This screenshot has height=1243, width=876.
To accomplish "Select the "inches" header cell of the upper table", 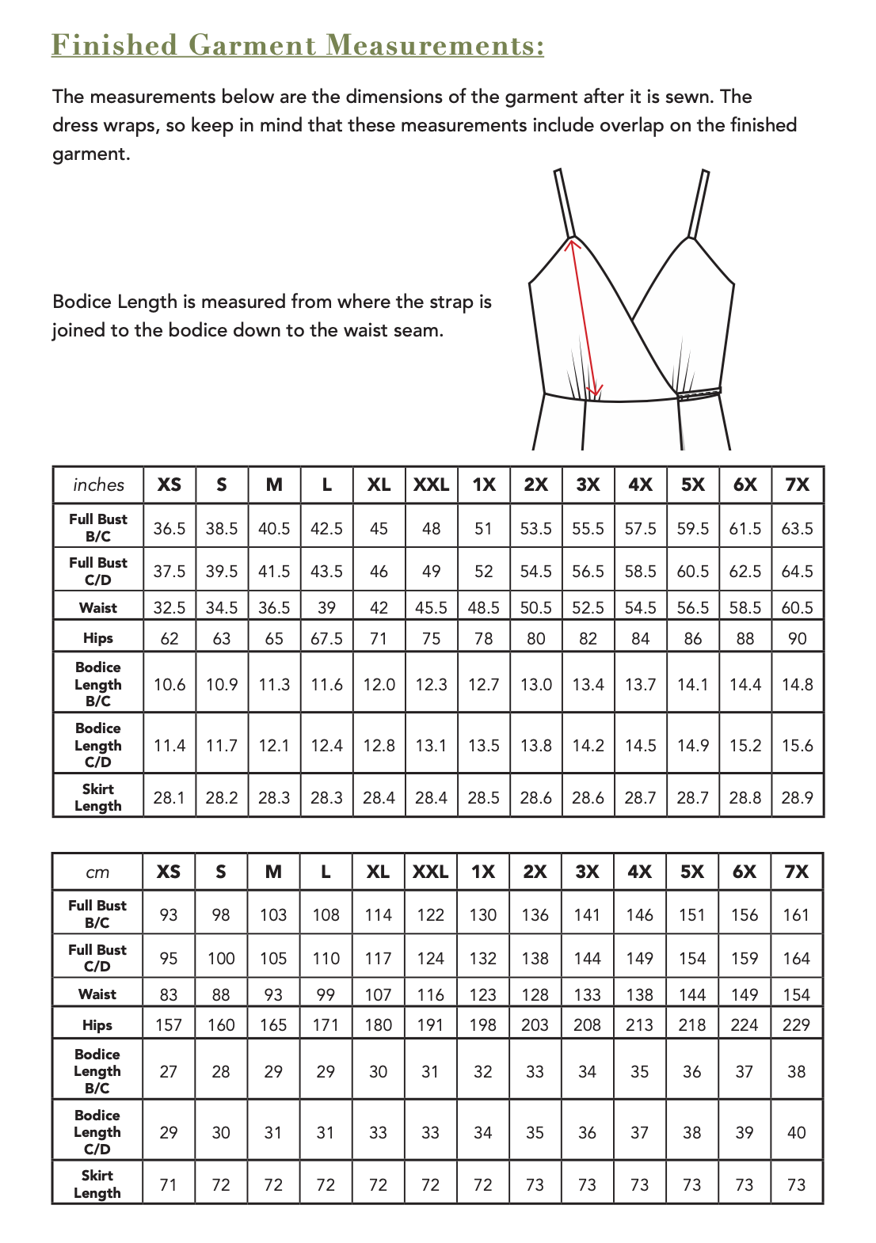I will point(98,485).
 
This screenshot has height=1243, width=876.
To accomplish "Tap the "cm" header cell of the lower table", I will point(97,872).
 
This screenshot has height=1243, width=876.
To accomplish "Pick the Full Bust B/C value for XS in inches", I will point(169,528).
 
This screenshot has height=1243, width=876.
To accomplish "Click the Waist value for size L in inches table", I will point(326,607).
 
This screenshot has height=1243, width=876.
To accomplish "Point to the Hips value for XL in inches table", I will point(379,638).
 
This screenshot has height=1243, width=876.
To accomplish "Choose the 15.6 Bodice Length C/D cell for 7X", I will point(797,745).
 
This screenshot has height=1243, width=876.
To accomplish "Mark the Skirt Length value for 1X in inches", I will point(483,797).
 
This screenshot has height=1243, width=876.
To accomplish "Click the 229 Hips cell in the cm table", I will point(796,1024).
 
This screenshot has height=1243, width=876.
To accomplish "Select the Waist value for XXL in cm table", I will point(430,994).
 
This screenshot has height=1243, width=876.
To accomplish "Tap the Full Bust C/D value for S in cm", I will point(221,958).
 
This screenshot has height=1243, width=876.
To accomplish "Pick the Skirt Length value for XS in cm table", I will point(169,1184).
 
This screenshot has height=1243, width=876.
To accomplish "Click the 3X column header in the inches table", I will point(588,485).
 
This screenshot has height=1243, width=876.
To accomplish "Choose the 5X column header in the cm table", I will point(691,872).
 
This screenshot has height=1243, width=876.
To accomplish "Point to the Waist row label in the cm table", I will point(97,994).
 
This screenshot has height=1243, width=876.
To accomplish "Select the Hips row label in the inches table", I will point(98,638).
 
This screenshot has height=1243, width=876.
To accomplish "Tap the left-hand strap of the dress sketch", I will point(563,202).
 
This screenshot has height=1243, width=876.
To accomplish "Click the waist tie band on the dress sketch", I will point(699,392).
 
